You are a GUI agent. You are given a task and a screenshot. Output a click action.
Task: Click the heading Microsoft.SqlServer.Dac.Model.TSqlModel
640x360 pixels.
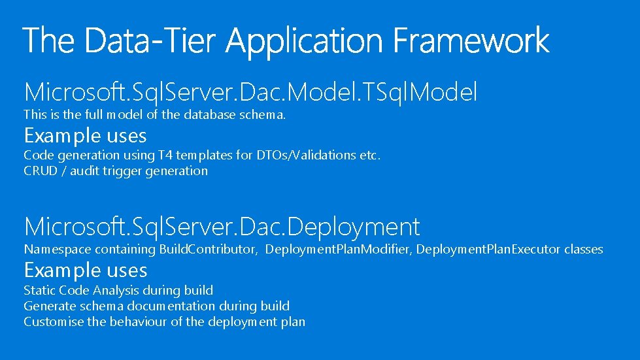pyautogui.click(x=250, y=92)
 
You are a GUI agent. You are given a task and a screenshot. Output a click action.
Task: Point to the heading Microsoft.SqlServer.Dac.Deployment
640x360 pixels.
pyautogui.click(x=222, y=227)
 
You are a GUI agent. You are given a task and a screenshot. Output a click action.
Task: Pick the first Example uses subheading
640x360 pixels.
pyautogui.click(x=85, y=136)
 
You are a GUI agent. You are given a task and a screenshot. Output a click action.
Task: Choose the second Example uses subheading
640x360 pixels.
pyautogui.click(x=85, y=270)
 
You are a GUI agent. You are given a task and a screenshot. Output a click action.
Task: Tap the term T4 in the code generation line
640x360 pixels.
pyautogui.click(x=165, y=155)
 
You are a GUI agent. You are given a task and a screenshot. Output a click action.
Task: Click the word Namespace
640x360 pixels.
pyautogui.click(x=57, y=250)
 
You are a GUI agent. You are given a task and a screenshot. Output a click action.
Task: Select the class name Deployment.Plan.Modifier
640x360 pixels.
pyautogui.click(x=338, y=250)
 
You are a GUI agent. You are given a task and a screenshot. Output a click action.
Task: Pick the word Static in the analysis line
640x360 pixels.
pyautogui.click(x=39, y=290)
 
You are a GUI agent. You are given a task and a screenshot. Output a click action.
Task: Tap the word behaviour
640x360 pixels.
pyautogui.click(x=139, y=321)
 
